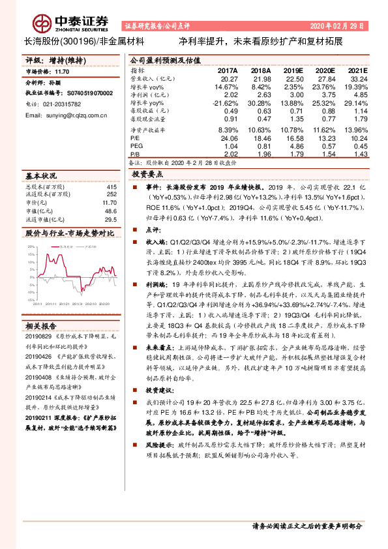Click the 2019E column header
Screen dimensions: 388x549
pyautogui.click(x=294, y=70)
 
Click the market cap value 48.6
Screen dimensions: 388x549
pyautogui.click(x=111, y=211)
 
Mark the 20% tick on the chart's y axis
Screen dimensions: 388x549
pyautogui.click(x=30, y=247)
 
